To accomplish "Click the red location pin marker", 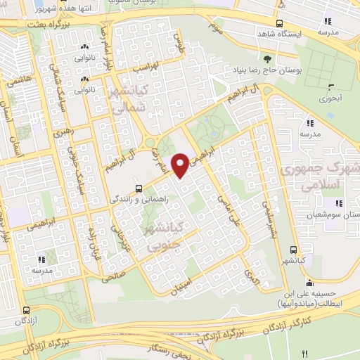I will coord(180,165).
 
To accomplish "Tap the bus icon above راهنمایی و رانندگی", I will coord(139,188).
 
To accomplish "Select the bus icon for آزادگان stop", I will coord(26,310).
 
